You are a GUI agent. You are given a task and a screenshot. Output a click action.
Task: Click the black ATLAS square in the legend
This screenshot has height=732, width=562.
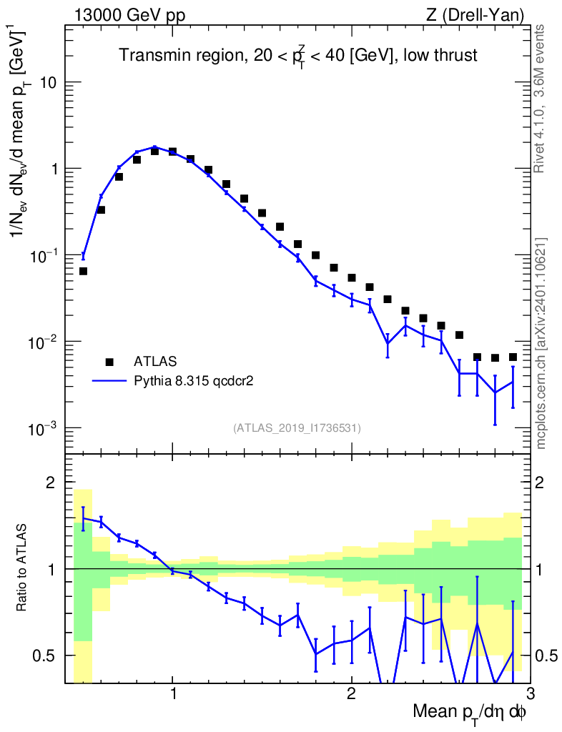pyautogui.click(x=109, y=362)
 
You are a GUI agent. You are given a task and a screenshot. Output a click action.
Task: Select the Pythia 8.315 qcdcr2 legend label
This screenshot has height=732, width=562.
pyautogui.click(x=194, y=381)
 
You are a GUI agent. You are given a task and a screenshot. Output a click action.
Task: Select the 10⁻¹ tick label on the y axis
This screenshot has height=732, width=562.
pyautogui.click(x=42, y=255)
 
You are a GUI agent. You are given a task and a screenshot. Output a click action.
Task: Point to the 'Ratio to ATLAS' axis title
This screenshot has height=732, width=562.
pyautogui.click(x=23, y=568)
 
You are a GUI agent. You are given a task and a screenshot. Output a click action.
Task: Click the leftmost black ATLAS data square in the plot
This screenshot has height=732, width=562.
pyautogui.click(x=83, y=272)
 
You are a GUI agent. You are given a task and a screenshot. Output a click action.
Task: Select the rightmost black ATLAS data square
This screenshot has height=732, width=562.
pyautogui.click(x=513, y=357)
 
